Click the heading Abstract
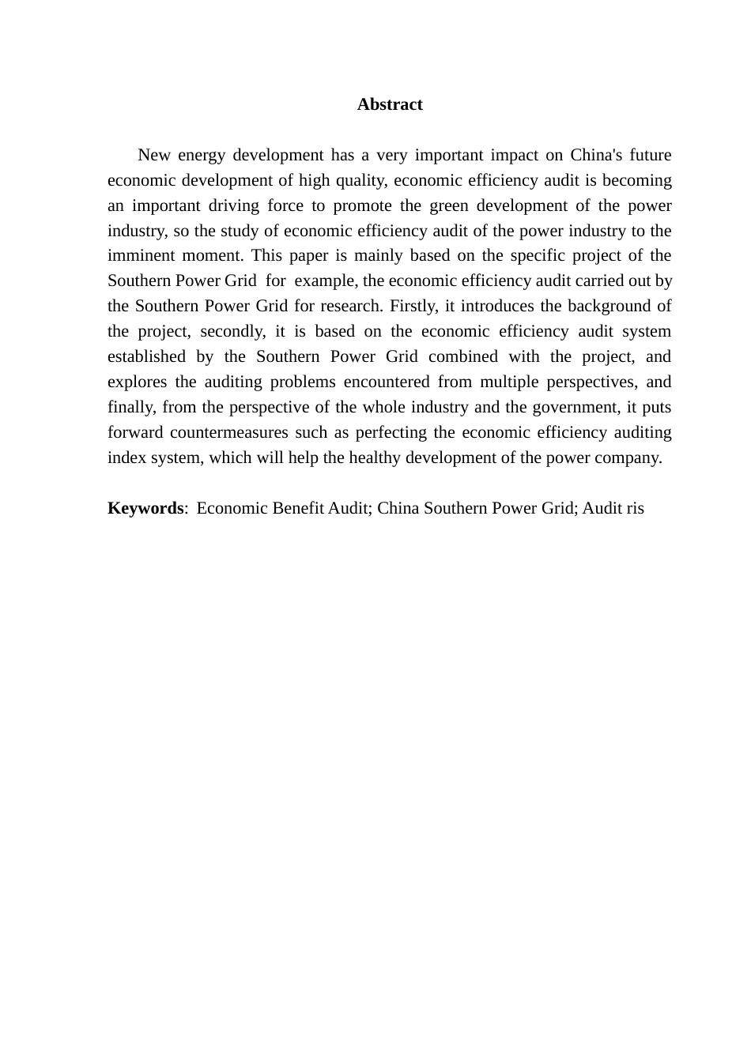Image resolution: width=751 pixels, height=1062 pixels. point(390,105)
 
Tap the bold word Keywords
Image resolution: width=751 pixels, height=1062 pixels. point(145,508)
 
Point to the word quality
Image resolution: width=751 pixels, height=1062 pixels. point(360,180)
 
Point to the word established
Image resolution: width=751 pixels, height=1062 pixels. point(146,357)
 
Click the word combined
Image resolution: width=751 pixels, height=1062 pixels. point(463,357)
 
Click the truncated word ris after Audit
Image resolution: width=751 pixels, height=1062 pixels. point(635,508)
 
